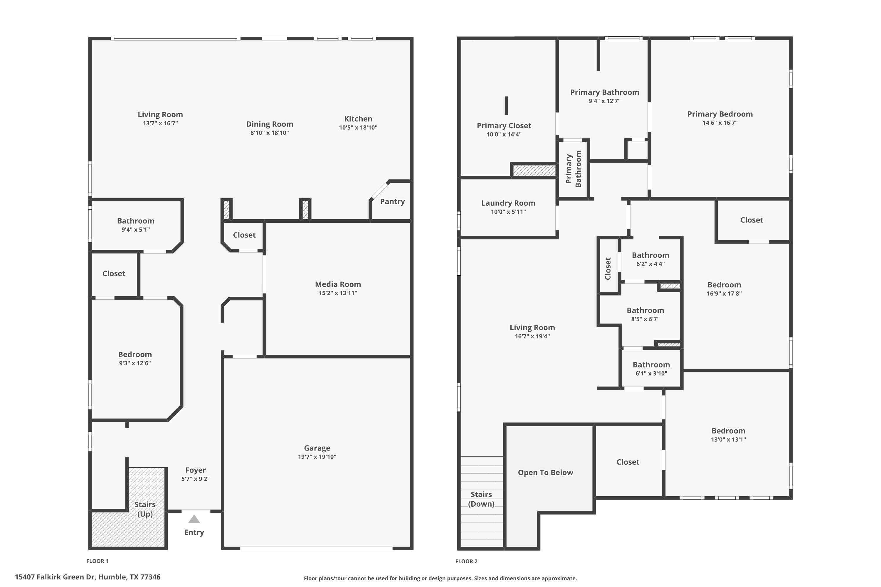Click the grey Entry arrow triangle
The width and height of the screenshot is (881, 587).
pos(194,519)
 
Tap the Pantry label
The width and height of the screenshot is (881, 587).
pos(392,201)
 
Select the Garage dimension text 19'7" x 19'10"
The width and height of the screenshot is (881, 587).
pos(317,457)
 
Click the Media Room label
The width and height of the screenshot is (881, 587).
pos(338,284)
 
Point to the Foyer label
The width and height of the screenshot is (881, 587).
pos(196,470)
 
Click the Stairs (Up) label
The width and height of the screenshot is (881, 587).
pos(145,509)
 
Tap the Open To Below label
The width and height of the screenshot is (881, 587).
pos(545,473)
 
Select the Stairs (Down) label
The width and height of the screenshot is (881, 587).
pos(481,499)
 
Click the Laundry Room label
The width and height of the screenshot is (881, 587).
pos(508,203)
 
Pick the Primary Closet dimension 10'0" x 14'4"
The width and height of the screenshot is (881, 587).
pos(504,134)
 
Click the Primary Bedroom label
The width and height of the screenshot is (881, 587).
pos(720,114)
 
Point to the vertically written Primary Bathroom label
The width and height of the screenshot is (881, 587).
pos(574,169)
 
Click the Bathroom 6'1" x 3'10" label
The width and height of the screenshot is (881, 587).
pos(651,365)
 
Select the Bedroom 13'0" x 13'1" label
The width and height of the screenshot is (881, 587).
pos(728,431)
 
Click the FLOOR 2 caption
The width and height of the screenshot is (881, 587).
pos(466,561)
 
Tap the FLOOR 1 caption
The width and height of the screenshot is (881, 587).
pos(97,561)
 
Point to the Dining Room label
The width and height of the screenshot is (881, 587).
pos(270,124)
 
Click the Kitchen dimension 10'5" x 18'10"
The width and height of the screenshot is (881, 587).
pos(358,127)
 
